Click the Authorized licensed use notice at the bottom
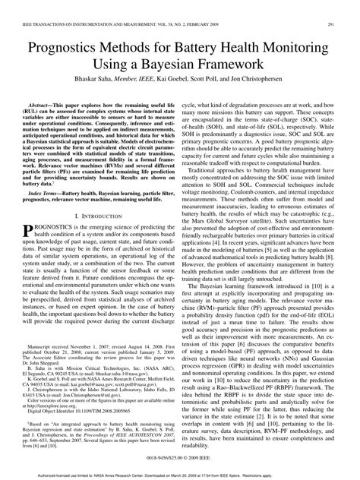pos(178,475)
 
